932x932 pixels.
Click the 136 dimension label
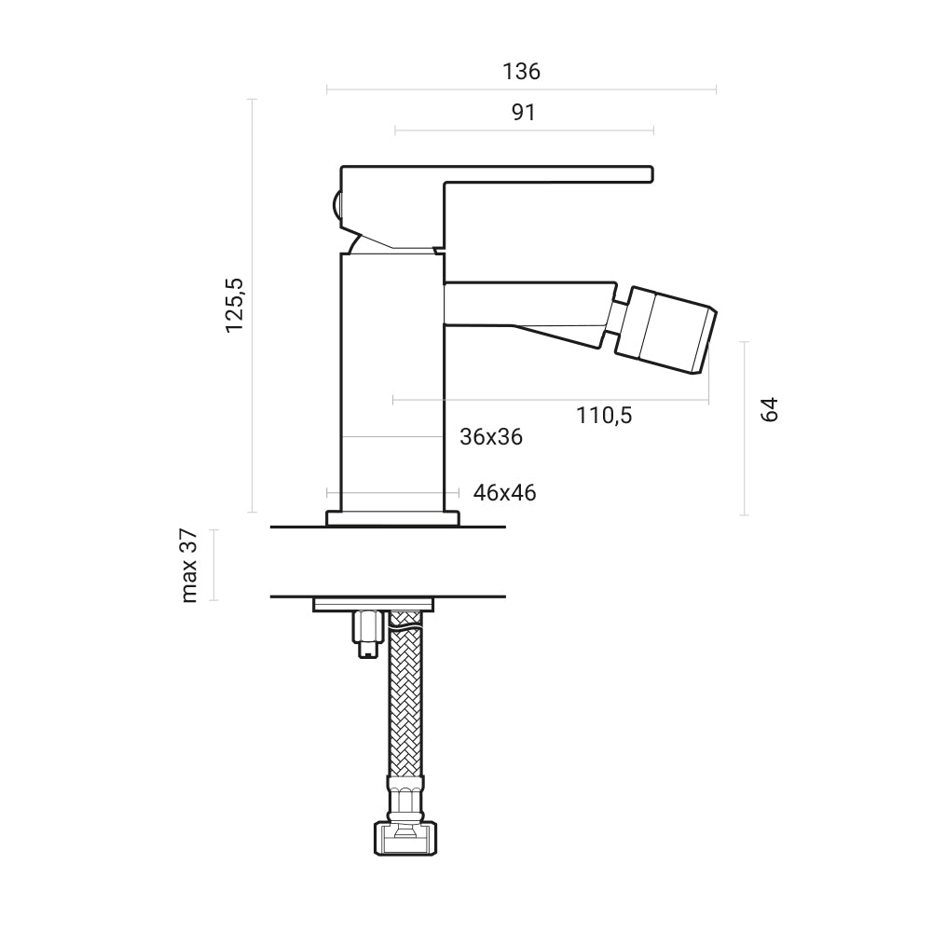click(521, 71)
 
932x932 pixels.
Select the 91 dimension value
click(524, 113)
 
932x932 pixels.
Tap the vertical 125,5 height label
click(234, 306)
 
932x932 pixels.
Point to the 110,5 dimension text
click(604, 416)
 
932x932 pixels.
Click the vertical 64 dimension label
click(769, 409)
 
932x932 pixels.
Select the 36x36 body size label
click(491, 436)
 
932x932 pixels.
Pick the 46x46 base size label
click(504, 493)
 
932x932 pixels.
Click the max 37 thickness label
click(189, 566)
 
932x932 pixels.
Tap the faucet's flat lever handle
click(522, 174)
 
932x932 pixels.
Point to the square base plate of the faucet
click(392, 518)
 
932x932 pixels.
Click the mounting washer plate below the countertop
click(374, 605)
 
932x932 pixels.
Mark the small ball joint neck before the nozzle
click(616, 317)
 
